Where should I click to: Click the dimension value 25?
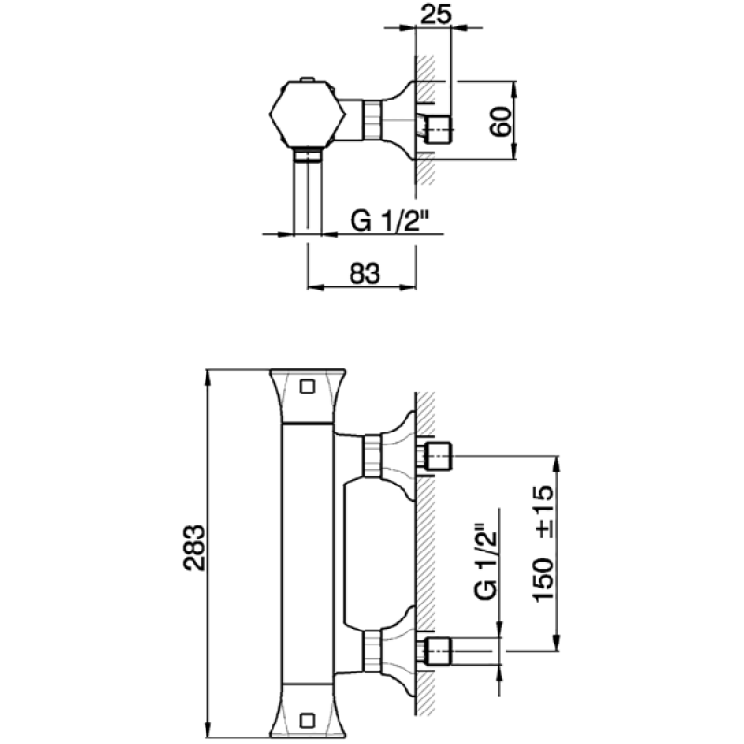point(435,14)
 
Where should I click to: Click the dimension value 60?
point(501,122)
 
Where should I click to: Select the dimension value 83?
point(365,273)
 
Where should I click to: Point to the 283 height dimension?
point(194,547)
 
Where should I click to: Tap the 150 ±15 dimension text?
point(544,543)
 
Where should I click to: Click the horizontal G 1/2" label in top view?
point(389,220)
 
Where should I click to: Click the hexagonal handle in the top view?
point(307,113)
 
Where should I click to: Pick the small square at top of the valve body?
point(308,387)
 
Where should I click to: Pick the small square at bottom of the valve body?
point(308,721)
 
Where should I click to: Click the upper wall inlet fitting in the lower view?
point(436,456)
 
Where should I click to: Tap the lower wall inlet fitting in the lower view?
point(436,651)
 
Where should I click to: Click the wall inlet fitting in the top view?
point(437,129)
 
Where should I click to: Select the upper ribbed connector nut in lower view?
point(373,457)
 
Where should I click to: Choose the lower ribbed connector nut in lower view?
point(373,651)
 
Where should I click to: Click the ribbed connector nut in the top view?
point(373,121)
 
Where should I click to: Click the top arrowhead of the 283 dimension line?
point(206,378)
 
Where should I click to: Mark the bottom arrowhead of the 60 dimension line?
point(514,152)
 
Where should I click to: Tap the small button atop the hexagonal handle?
point(308,79)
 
